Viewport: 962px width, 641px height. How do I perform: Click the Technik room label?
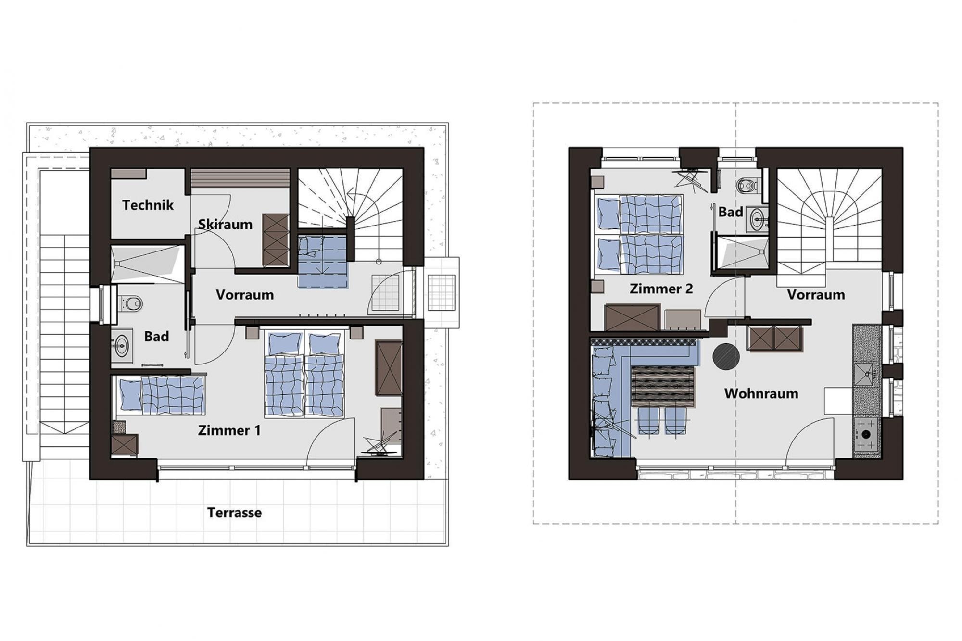tap(148, 205)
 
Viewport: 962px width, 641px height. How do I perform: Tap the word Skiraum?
tap(225, 224)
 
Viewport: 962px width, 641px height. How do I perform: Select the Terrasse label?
tap(235, 513)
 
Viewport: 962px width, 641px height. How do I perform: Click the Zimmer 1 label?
tap(229, 430)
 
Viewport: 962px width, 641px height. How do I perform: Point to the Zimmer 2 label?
tap(661, 289)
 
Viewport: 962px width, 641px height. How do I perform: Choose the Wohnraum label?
tap(761, 393)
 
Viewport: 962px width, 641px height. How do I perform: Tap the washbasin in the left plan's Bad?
tap(122, 344)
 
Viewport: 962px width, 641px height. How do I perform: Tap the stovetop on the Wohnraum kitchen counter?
tap(866, 434)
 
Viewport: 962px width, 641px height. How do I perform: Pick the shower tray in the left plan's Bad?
tap(148, 264)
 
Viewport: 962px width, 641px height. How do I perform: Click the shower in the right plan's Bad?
tap(741, 252)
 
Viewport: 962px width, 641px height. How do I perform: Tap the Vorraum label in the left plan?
tap(245, 294)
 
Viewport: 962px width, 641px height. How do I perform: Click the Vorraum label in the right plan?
tap(816, 294)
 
